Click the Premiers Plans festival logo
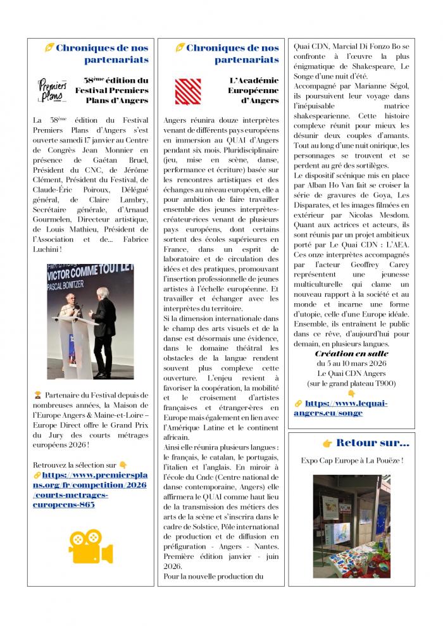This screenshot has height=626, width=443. tap(53, 89)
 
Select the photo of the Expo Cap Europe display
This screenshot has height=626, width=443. tap(351, 518)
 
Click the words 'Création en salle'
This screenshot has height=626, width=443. tap(351, 354)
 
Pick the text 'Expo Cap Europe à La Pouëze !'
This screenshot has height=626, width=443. tap(352, 460)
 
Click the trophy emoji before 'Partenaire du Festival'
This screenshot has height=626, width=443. tap(38, 396)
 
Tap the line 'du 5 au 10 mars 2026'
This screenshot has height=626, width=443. tap(352, 364)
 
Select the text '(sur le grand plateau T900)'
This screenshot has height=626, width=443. tap(352, 384)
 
